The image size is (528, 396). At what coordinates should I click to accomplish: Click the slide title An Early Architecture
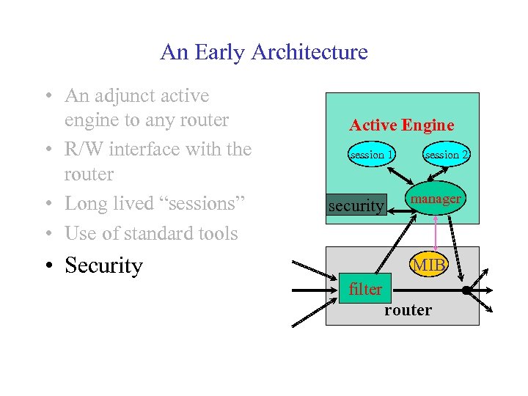point(263,52)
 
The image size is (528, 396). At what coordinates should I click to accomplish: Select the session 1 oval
point(372,155)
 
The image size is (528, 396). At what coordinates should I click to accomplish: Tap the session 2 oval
point(447,155)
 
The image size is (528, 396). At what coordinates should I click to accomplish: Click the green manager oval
point(436,199)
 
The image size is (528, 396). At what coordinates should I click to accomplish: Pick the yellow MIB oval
point(429,265)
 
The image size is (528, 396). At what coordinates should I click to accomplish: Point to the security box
point(356,206)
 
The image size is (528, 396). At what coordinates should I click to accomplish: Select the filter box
point(365,289)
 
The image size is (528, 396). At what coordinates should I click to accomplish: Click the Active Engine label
point(401,125)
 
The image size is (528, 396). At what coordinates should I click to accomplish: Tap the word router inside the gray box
point(408,309)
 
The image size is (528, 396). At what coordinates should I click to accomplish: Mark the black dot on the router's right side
point(466,290)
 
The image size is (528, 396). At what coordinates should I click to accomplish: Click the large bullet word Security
point(103,265)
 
